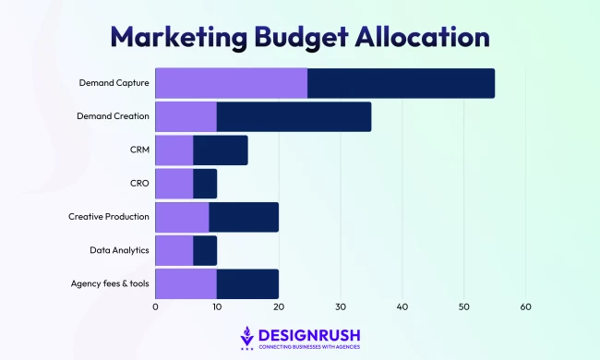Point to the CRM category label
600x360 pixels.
click(138, 150)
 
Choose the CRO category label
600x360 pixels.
click(138, 184)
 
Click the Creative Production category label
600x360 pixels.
click(109, 216)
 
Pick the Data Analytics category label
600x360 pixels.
click(120, 249)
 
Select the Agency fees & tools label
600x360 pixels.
click(110, 282)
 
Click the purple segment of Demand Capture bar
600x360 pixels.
click(231, 84)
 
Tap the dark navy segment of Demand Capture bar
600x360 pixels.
click(401, 84)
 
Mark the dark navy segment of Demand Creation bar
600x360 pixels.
click(294, 117)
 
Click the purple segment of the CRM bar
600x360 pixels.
click(174, 150)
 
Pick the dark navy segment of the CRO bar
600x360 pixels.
click(205, 184)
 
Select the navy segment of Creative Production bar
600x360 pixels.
click(244, 216)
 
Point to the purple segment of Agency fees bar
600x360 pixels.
click(186, 282)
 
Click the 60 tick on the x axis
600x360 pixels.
click(525, 307)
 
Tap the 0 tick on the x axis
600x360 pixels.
click(155, 307)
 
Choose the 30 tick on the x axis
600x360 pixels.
click(341, 307)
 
